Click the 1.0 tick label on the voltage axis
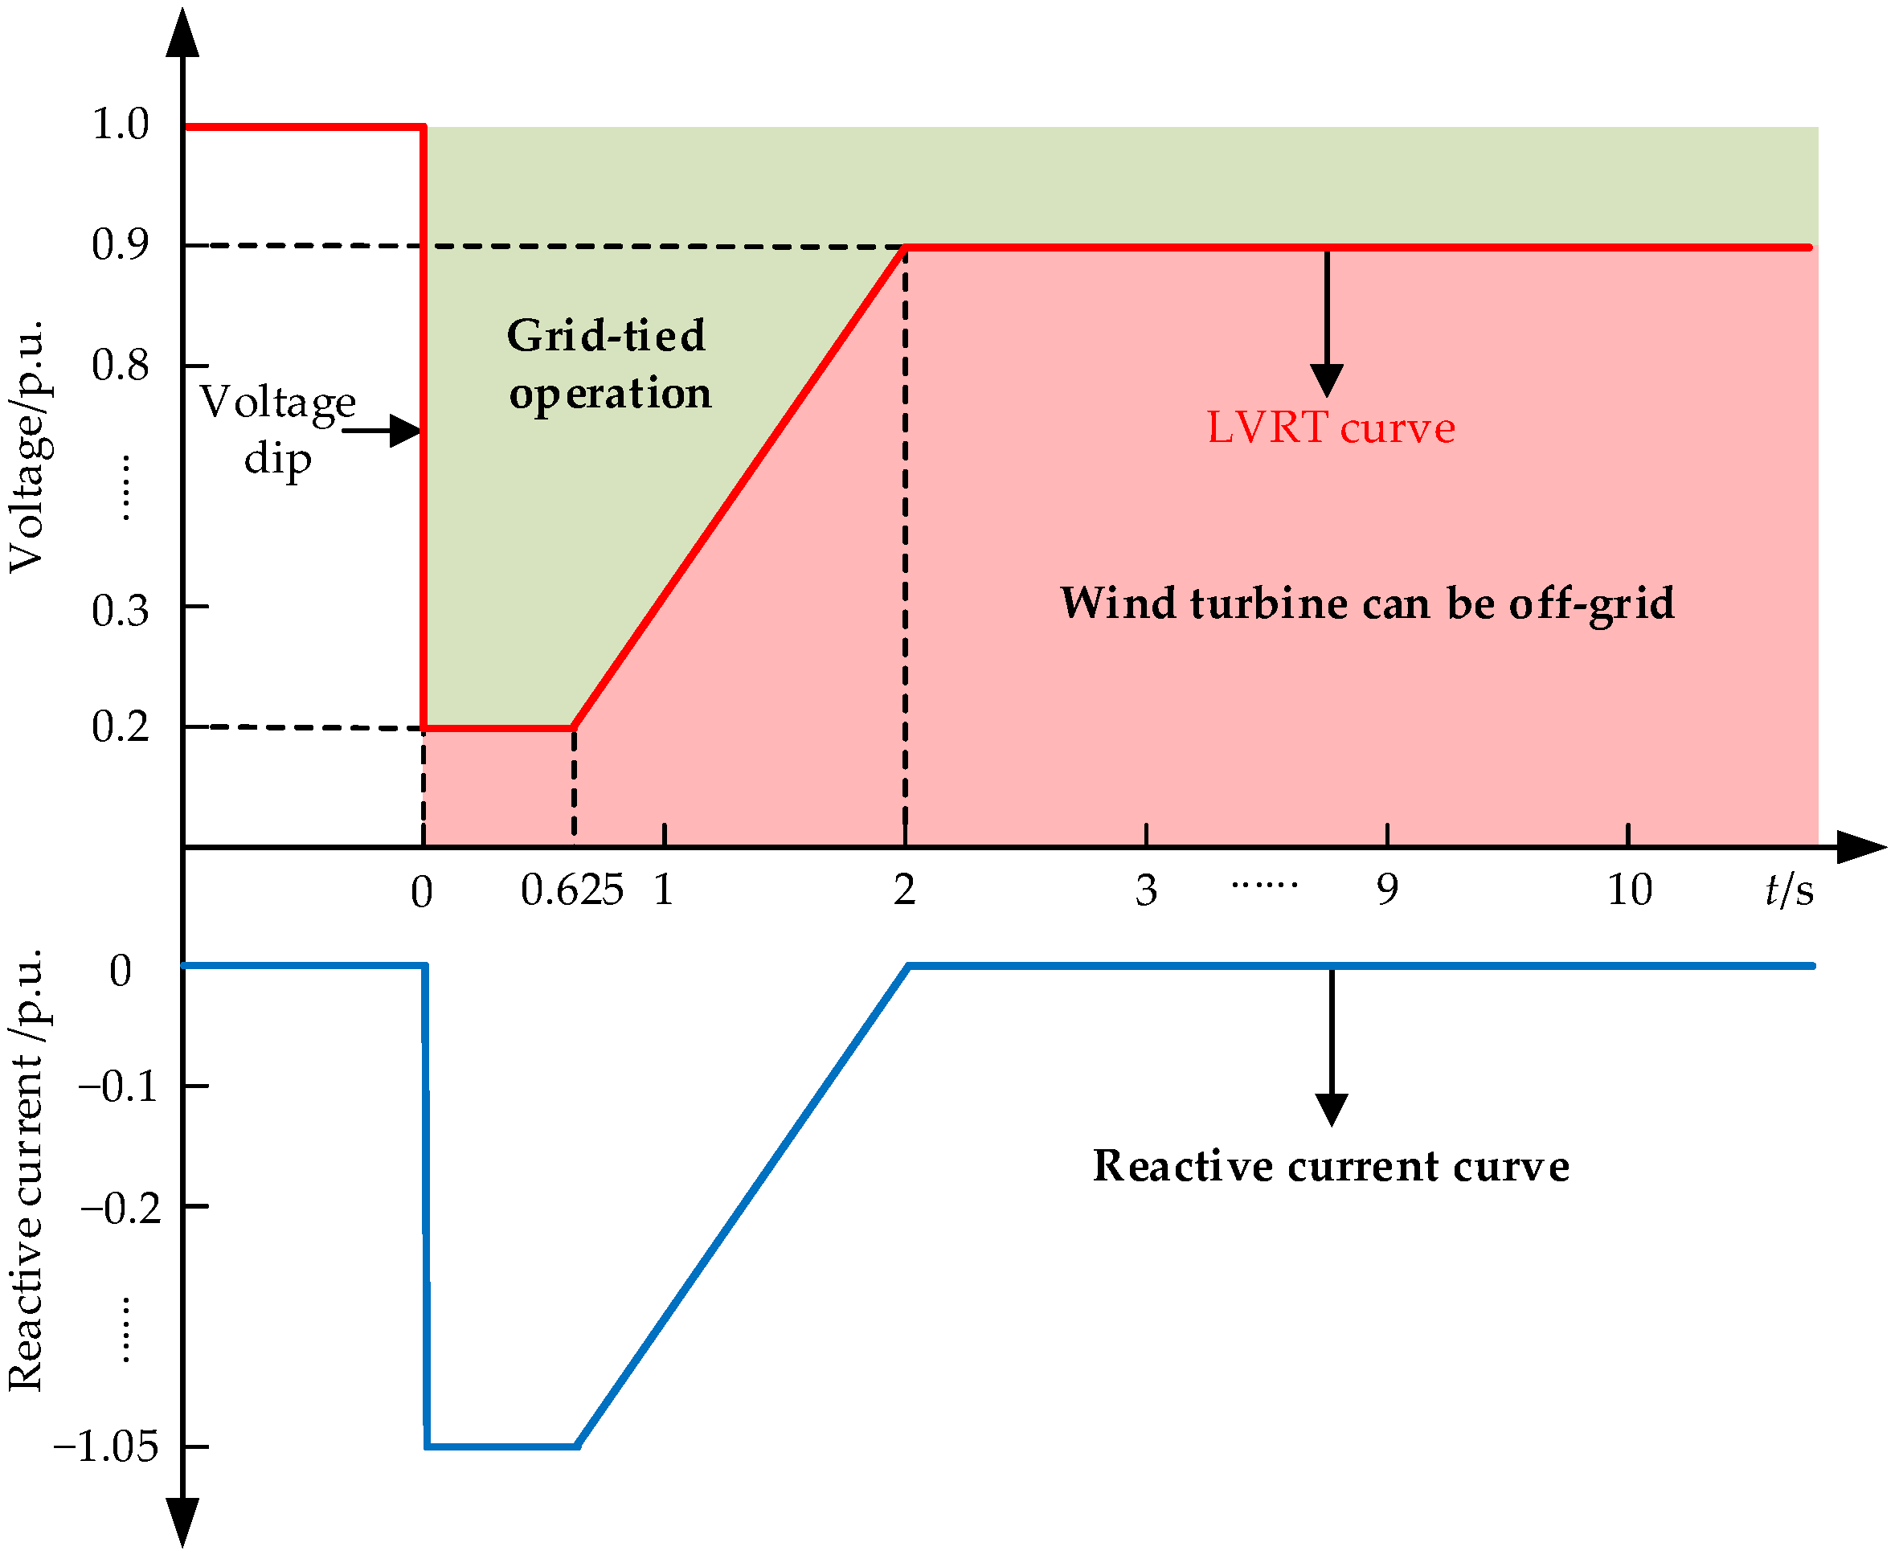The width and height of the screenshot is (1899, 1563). click(x=120, y=125)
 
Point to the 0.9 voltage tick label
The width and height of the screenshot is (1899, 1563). click(x=120, y=245)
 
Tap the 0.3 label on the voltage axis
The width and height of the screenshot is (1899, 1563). click(x=120, y=612)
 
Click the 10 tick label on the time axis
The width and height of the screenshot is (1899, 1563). click(x=1629, y=890)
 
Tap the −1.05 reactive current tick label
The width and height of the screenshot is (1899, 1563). click(x=106, y=1446)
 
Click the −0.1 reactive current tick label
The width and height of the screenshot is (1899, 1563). click(x=119, y=1086)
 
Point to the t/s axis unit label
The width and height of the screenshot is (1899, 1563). click(x=1788, y=890)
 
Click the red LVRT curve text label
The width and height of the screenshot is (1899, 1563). click(x=1330, y=428)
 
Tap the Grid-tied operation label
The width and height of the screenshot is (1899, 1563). click(x=608, y=365)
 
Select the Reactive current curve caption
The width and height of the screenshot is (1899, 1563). click(x=1331, y=1166)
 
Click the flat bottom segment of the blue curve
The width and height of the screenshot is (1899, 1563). click(x=501, y=1446)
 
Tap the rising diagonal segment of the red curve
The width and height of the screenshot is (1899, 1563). click(x=739, y=488)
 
